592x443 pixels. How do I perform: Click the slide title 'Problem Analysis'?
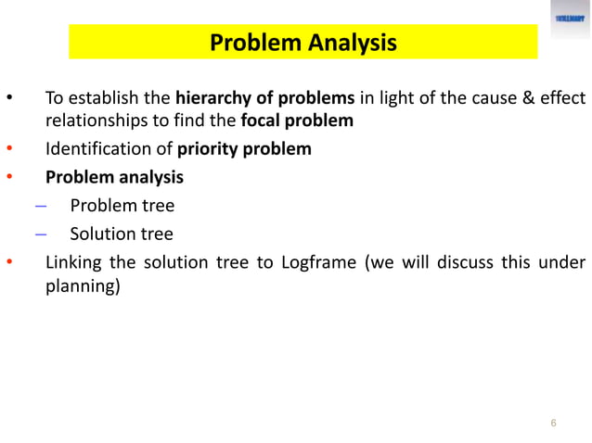click(x=302, y=43)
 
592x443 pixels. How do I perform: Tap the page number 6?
click(x=553, y=424)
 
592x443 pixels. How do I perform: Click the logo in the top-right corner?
click(x=570, y=19)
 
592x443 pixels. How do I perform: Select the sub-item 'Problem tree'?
click(x=122, y=205)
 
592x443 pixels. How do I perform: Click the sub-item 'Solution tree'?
click(x=121, y=234)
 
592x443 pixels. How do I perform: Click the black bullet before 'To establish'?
click(x=10, y=99)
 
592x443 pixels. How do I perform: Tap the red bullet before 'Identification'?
click(x=10, y=149)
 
